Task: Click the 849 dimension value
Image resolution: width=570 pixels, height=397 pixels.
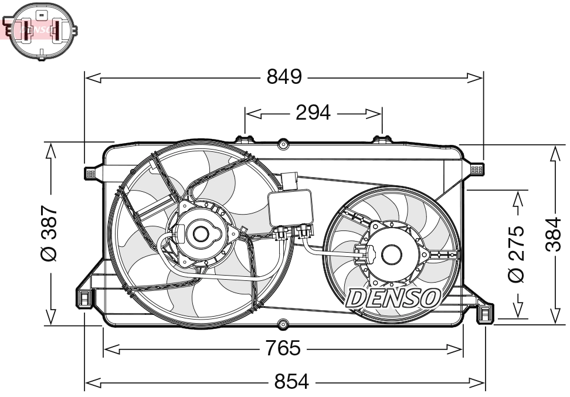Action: pos(284,77)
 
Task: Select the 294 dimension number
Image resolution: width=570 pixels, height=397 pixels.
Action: pos(313,113)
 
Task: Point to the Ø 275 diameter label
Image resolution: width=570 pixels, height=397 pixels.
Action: pos(516,253)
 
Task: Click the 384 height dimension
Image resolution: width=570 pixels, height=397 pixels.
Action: pos(553,233)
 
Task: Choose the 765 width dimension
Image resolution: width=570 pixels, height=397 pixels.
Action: pos(283,349)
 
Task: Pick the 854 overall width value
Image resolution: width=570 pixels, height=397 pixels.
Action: pos(291,382)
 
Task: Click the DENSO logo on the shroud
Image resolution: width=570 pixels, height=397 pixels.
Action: pos(393,298)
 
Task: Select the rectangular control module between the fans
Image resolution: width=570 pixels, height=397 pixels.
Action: pos(291,208)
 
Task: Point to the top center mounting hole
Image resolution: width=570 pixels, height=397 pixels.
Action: pos(283,143)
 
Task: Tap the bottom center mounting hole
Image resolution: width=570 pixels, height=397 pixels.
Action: pos(283,323)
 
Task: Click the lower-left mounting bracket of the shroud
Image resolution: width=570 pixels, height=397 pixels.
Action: pos(84,298)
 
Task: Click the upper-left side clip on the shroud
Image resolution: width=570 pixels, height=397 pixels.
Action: pos(91,172)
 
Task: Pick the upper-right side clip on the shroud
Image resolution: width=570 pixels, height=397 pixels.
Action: pos(477,169)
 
